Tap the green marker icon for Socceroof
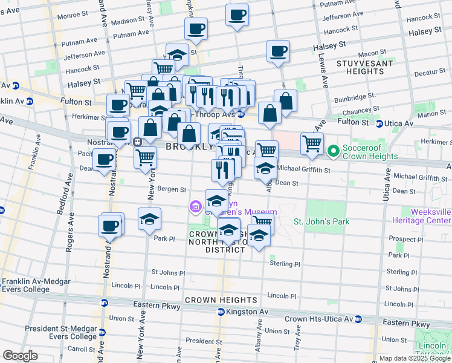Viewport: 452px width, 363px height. click(332, 151)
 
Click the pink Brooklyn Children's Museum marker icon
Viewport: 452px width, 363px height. click(195, 208)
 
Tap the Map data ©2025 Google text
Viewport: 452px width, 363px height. click(414, 359)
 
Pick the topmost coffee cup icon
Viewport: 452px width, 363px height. click(237, 14)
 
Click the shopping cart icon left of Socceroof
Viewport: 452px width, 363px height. click(312, 144)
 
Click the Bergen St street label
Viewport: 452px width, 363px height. click(172, 189)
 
